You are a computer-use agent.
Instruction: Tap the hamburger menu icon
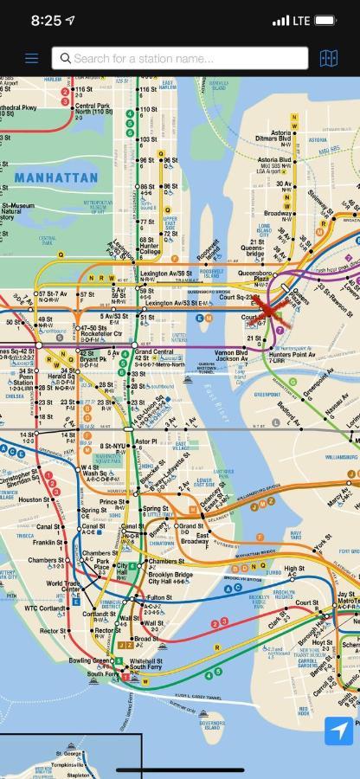tap(32, 58)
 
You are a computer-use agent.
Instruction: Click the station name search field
tap(180, 58)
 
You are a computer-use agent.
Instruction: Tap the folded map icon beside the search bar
tap(328, 58)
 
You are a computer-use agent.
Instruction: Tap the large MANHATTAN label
tap(56, 177)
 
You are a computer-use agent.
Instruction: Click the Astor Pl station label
tap(146, 441)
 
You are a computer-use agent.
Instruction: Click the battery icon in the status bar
tap(325, 20)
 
